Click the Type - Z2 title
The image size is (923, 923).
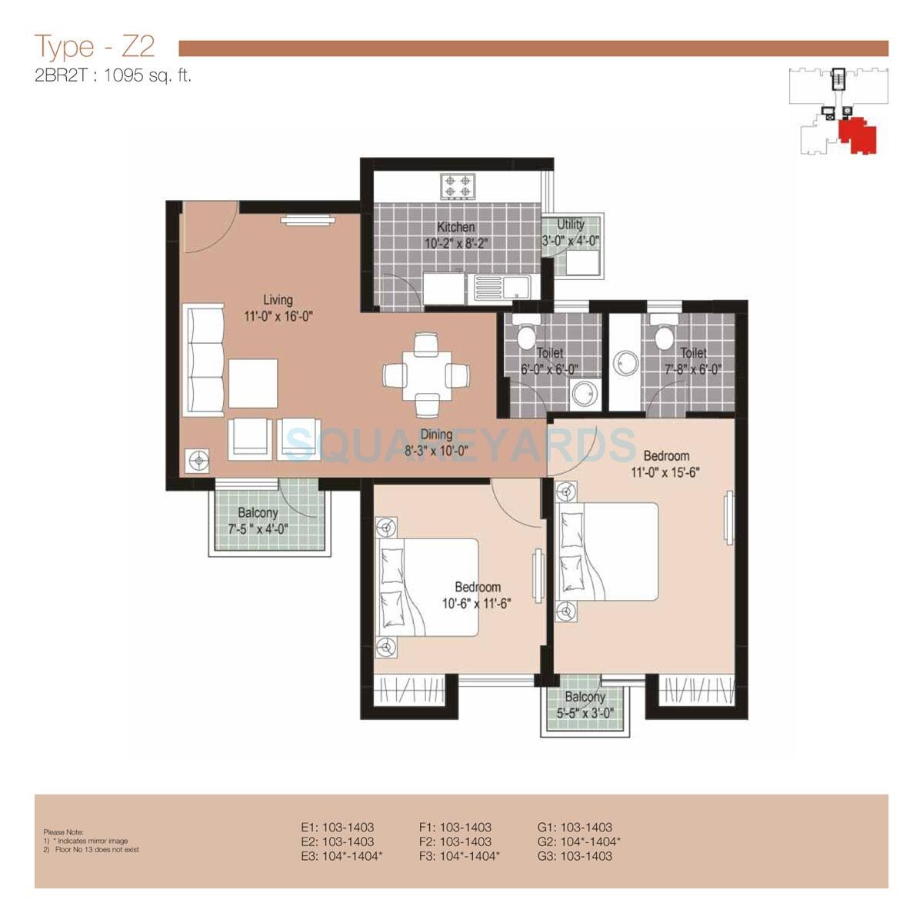95,48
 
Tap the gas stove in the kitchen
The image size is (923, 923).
458,186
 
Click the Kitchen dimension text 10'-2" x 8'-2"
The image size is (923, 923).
456,242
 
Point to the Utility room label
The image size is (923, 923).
571,224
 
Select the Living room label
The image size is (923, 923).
278,299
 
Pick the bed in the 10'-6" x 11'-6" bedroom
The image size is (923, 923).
427,587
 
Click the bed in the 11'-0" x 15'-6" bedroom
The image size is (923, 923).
608,551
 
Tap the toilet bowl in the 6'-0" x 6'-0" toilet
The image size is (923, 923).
527,336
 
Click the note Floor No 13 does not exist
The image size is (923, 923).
96,850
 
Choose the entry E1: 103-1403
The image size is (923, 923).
337,828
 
